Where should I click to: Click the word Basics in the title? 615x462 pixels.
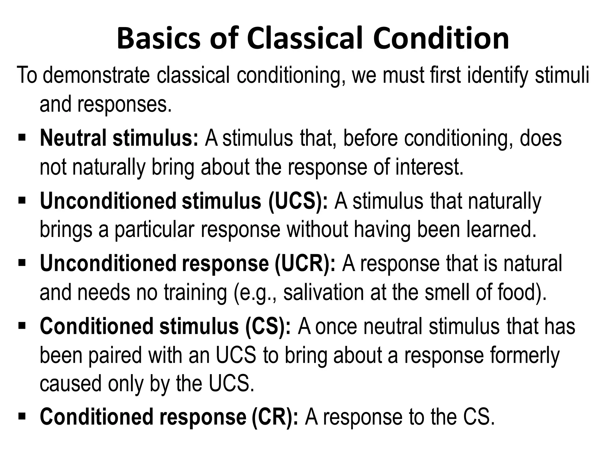click(159, 39)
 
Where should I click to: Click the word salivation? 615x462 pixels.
click(323, 293)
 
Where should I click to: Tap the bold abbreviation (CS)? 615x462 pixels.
click(268, 327)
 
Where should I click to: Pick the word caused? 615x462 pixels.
click(70, 384)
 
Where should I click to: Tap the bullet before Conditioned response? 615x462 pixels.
click(22, 417)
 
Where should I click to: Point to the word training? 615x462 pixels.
click(195, 293)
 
